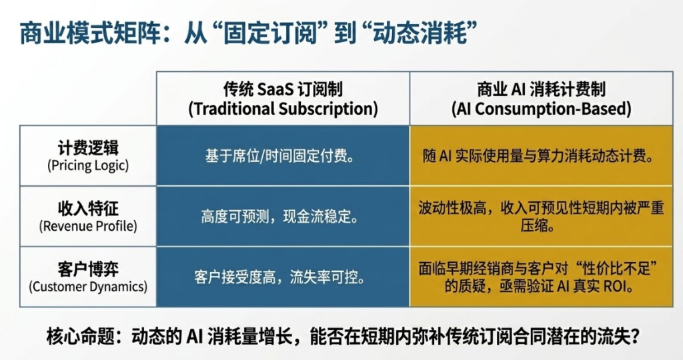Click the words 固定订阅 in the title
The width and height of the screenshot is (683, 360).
(270, 33)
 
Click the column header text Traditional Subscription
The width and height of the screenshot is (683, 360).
(283, 109)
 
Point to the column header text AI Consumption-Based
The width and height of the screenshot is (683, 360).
(542, 109)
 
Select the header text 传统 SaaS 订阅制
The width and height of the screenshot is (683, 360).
(283, 89)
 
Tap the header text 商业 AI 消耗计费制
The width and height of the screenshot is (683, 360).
(542, 89)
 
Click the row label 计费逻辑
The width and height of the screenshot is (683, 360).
(88, 148)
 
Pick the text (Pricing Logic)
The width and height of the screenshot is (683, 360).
(88, 165)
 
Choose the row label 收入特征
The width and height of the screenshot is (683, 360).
(88, 209)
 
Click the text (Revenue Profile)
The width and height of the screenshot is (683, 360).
(88, 227)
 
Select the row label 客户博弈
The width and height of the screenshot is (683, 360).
(88, 269)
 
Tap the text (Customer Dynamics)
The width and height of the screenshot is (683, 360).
(88, 287)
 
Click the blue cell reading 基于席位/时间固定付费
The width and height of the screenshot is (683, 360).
(283, 156)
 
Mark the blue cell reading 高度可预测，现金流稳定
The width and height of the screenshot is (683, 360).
(283, 217)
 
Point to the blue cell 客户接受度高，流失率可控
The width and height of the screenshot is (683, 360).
(283, 277)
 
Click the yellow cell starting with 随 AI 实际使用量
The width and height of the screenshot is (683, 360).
(542, 156)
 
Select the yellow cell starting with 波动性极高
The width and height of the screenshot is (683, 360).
(542, 217)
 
